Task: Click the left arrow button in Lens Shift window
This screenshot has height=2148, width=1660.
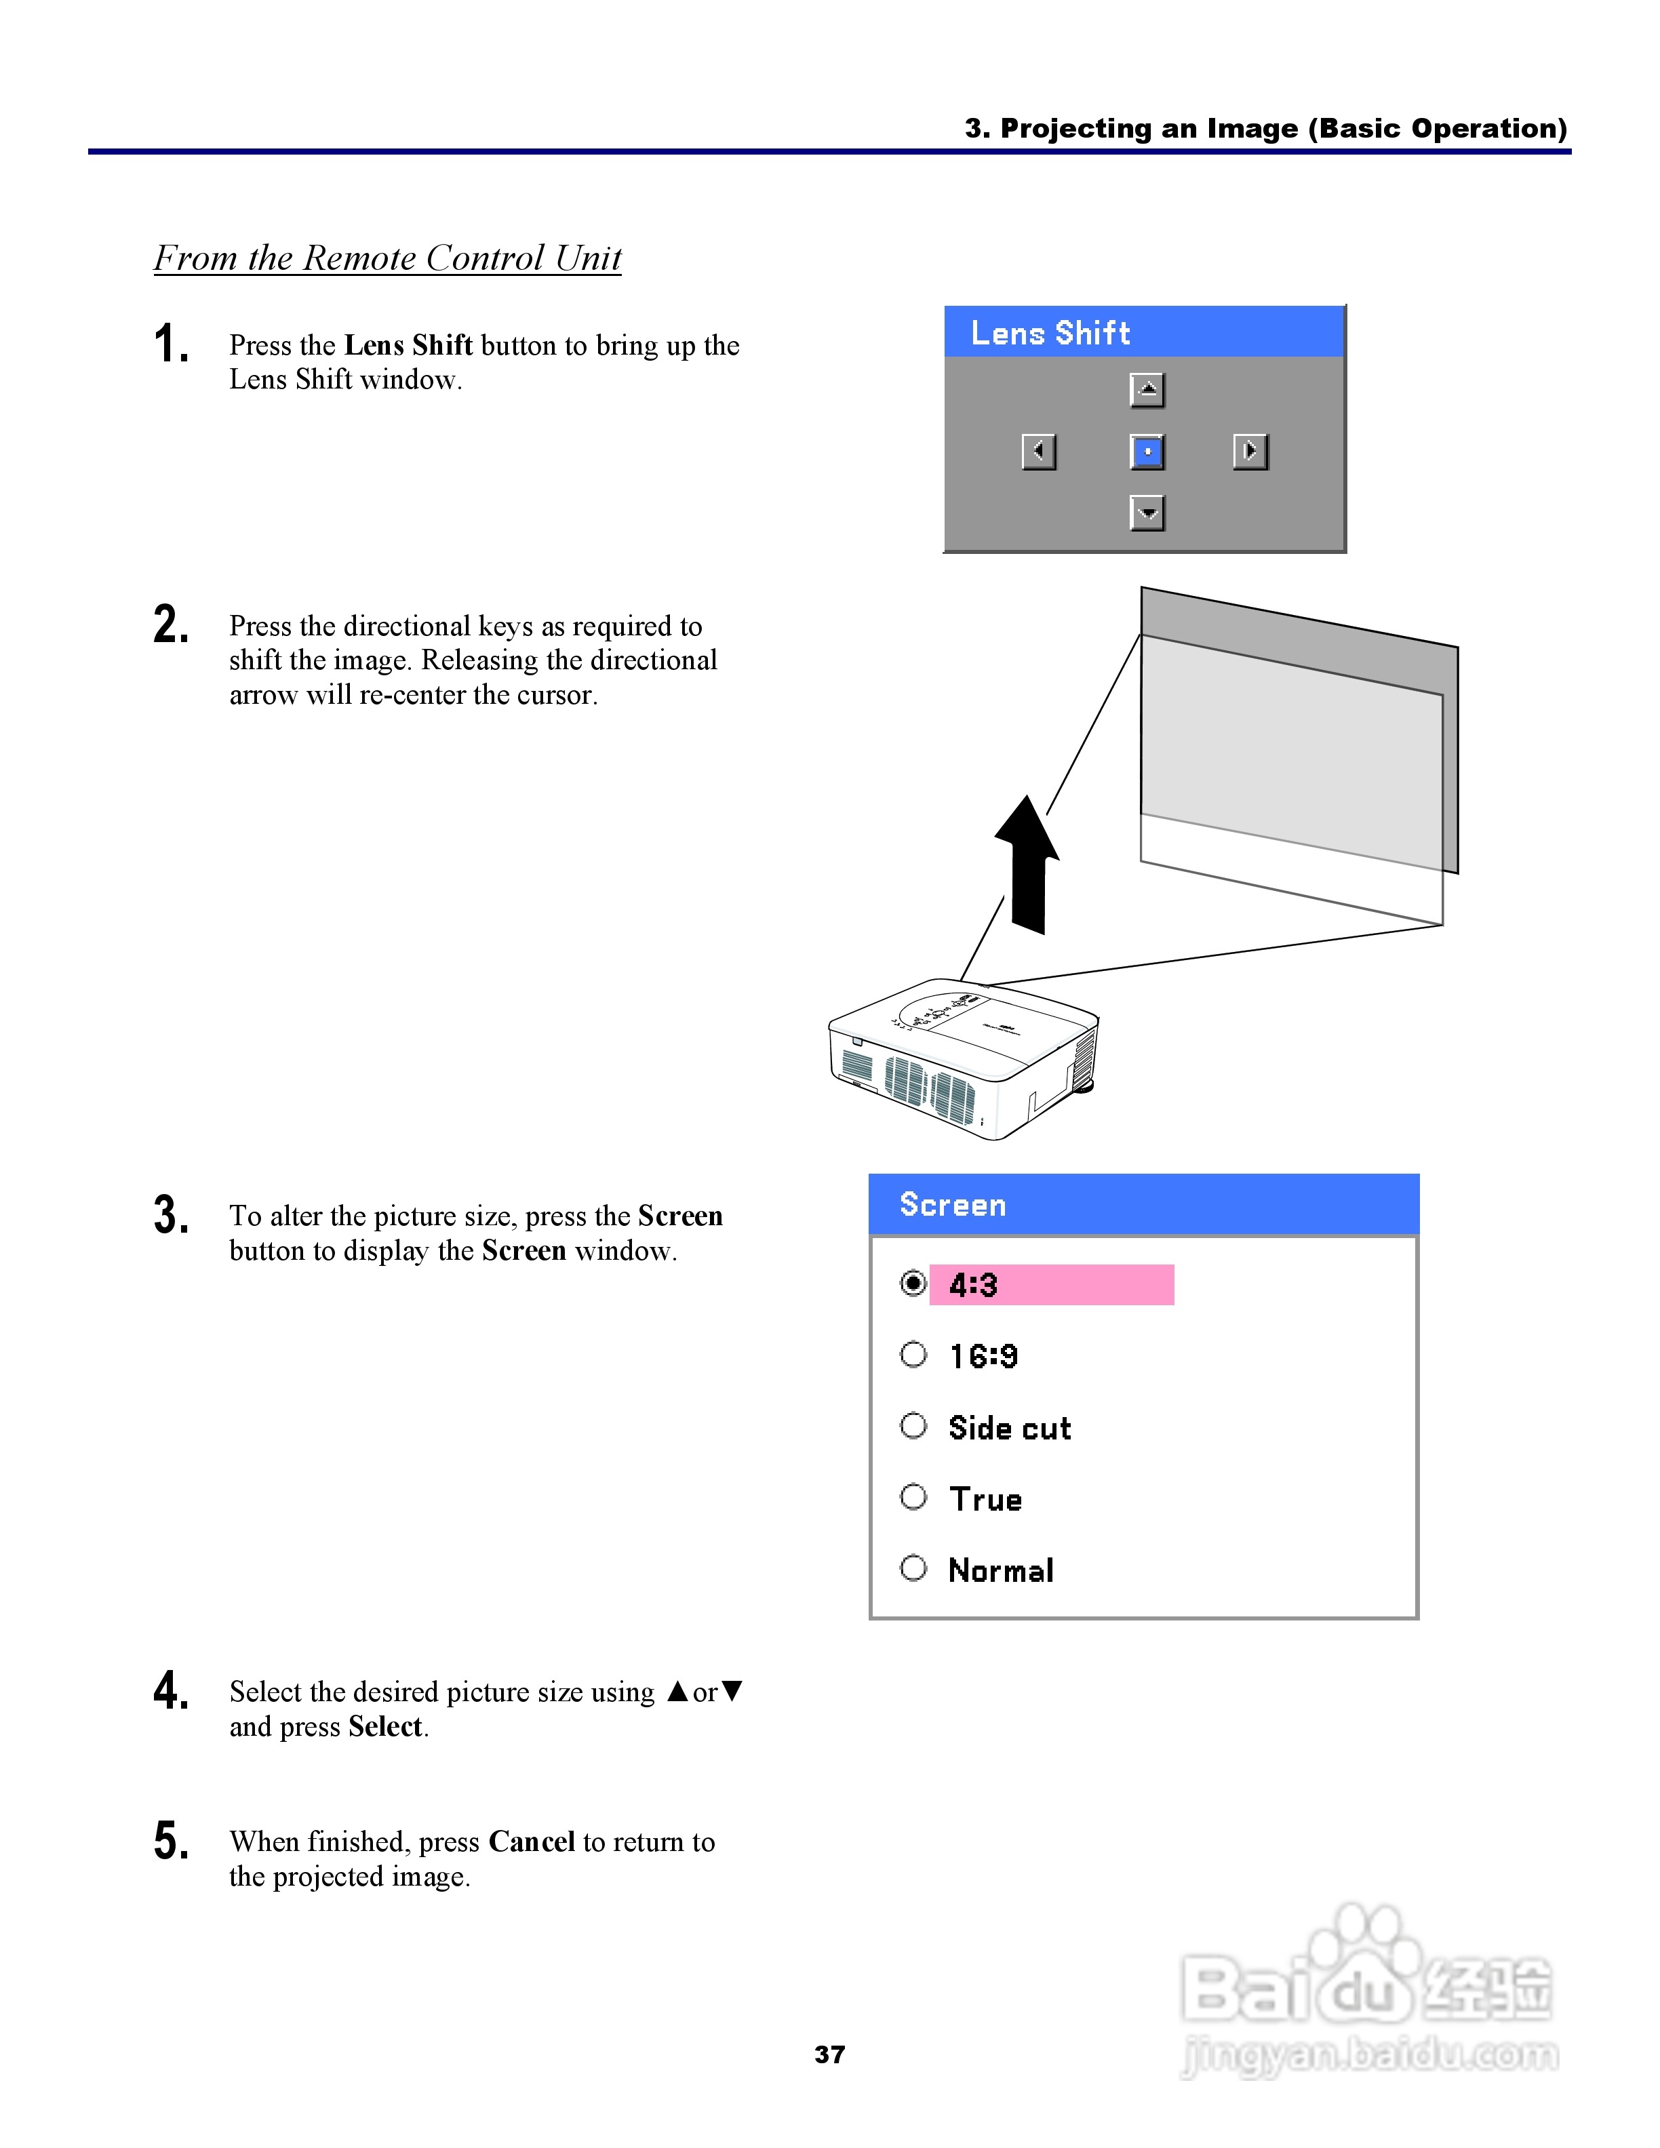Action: tap(1038, 452)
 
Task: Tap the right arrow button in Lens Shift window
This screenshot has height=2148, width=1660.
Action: tap(1250, 452)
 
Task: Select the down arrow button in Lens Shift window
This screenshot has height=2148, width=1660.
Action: tap(1147, 513)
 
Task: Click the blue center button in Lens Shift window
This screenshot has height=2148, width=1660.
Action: tap(1147, 452)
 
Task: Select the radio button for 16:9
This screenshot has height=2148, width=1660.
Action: tap(913, 1354)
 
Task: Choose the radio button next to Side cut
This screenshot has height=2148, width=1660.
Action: tap(913, 1425)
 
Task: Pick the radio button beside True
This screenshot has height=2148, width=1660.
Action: tap(913, 1496)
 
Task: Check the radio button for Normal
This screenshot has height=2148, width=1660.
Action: tap(913, 1567)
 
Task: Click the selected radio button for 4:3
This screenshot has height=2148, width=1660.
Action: tap(913, 1283)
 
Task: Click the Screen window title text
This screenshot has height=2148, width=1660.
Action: tap(953, 1205)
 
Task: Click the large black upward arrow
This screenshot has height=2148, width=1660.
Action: tap(1027, 864)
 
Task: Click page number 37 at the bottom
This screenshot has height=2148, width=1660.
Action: tap(830, 2054)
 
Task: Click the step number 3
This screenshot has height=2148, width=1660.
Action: tap(171, 1214)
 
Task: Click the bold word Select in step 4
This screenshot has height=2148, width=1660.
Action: tap(385, 1726)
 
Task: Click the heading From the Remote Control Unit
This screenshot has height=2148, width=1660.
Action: tap(387, 258)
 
